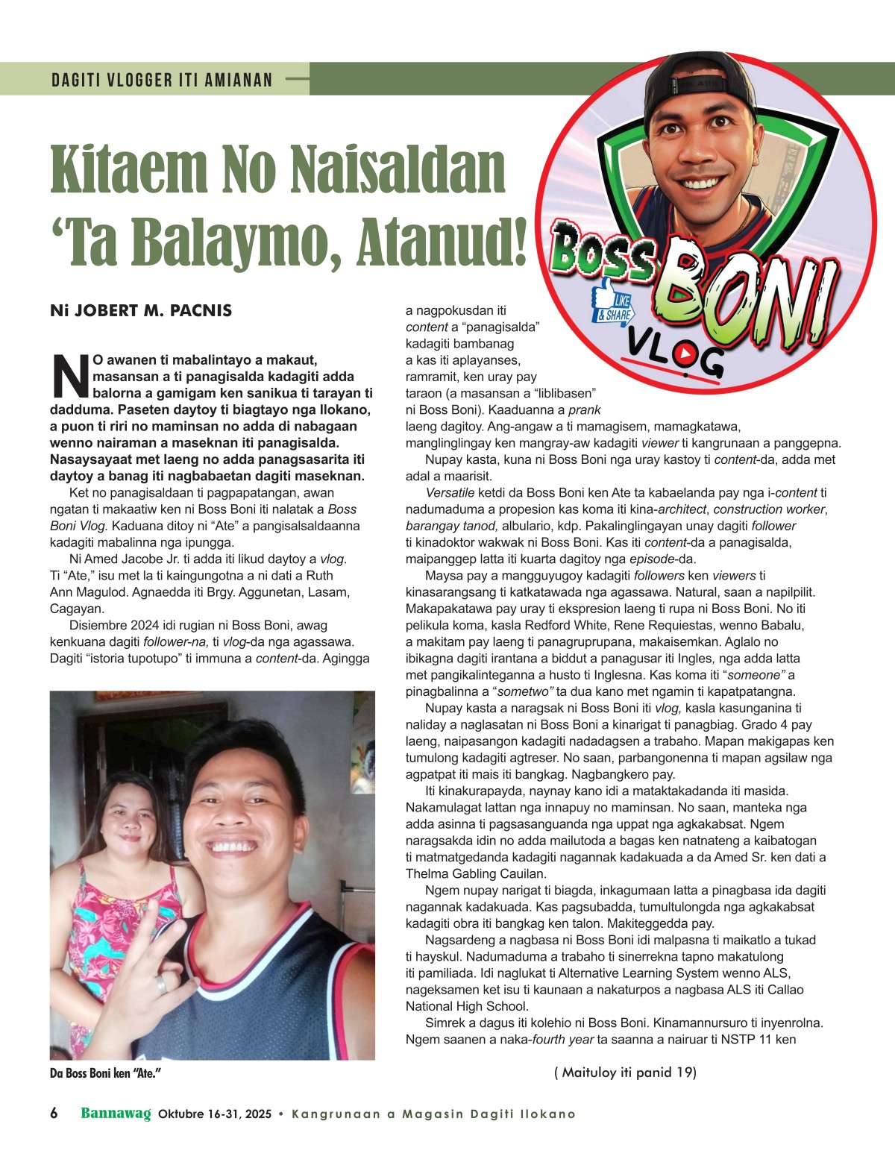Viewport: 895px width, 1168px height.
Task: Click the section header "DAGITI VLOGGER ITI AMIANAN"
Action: click(x=162, y=80)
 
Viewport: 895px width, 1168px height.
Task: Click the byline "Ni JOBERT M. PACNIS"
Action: click(x=141, y=310)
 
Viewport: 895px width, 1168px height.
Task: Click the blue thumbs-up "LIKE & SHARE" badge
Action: click(x=612, y=307)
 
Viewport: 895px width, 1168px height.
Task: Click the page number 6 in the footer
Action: click(x=54, y=1114)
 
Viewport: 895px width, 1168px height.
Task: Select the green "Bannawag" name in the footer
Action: click(x=116, y=1114)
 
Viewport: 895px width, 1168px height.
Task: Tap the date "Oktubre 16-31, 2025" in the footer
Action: click(x=215, y=1114)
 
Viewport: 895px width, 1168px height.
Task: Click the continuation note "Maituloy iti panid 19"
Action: click(x=625, y=1073)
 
